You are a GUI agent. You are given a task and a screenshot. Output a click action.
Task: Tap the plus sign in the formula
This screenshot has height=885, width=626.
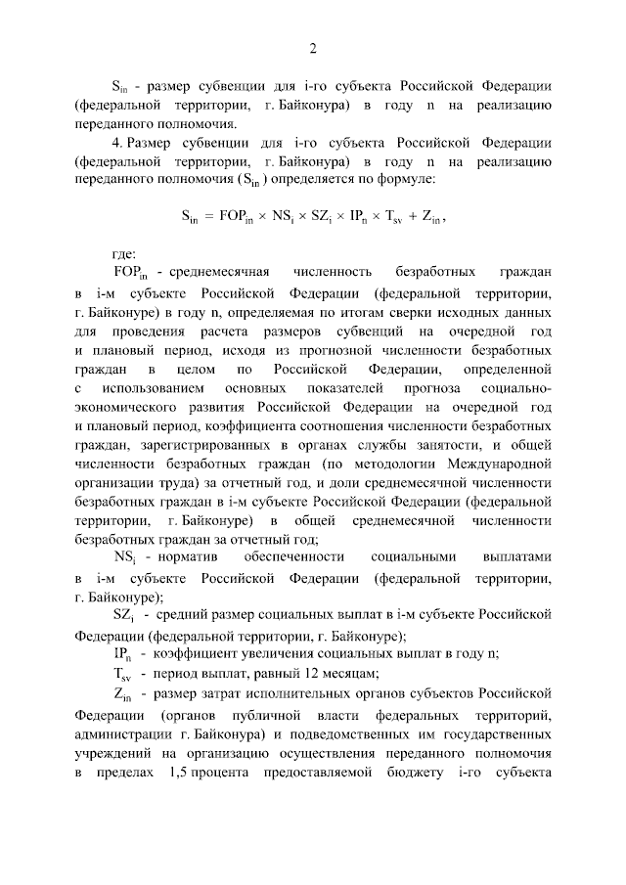coord(400,219)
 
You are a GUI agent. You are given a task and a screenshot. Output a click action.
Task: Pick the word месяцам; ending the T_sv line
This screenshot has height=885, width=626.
coord(350,673)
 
